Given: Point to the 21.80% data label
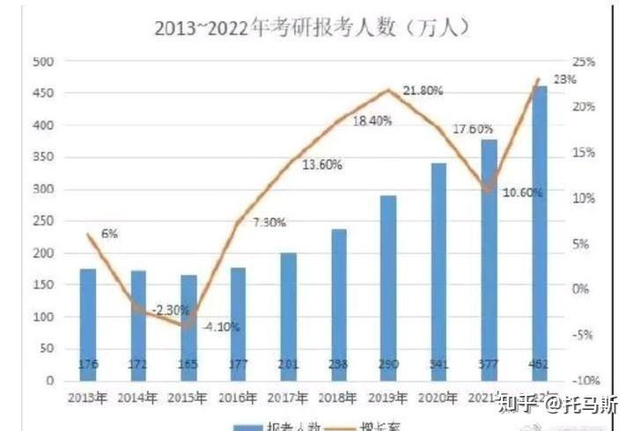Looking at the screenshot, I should coord(423,91).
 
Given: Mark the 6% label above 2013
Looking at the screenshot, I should coord(109,234).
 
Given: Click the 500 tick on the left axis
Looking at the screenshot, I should coord(43,62).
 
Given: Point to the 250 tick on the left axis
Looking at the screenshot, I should coord(43,222).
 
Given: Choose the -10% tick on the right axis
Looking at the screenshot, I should coord(583,381).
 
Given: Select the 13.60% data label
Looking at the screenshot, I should coord(322,164).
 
